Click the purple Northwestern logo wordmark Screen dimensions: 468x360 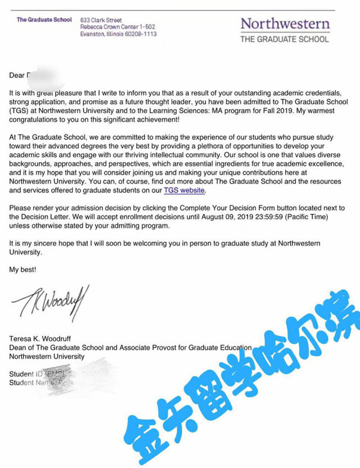(x=285, y=24)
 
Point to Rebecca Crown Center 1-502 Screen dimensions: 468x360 (x=118, y=26)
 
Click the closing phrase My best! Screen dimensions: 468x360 (x=22, y=270)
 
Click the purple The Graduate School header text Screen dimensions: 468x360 (x=44, y=20)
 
